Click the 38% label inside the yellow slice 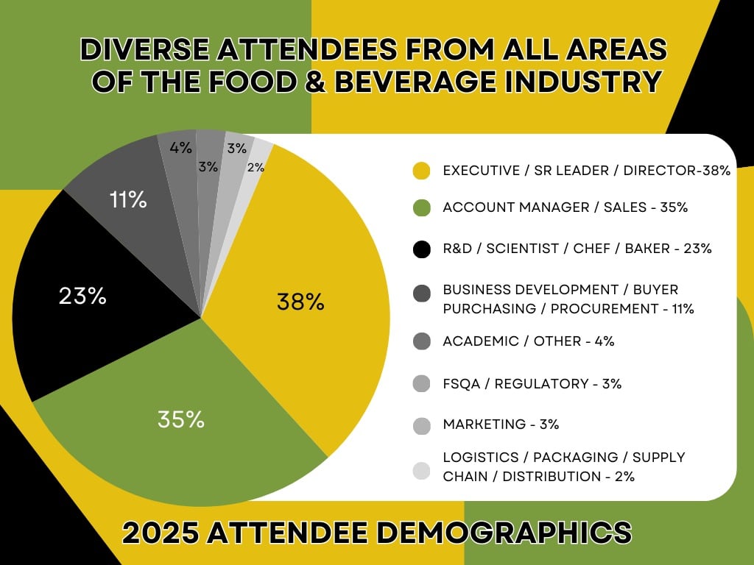300,302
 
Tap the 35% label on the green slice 180,419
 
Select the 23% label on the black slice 82,296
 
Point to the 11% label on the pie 128,199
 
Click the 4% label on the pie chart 180,148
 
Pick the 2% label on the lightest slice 256,168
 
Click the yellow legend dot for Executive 421,171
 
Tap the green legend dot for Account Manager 421,208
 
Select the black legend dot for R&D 421,249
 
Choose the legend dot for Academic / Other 421,341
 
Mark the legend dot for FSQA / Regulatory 421,384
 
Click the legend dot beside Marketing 421,424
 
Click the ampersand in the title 313,81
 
